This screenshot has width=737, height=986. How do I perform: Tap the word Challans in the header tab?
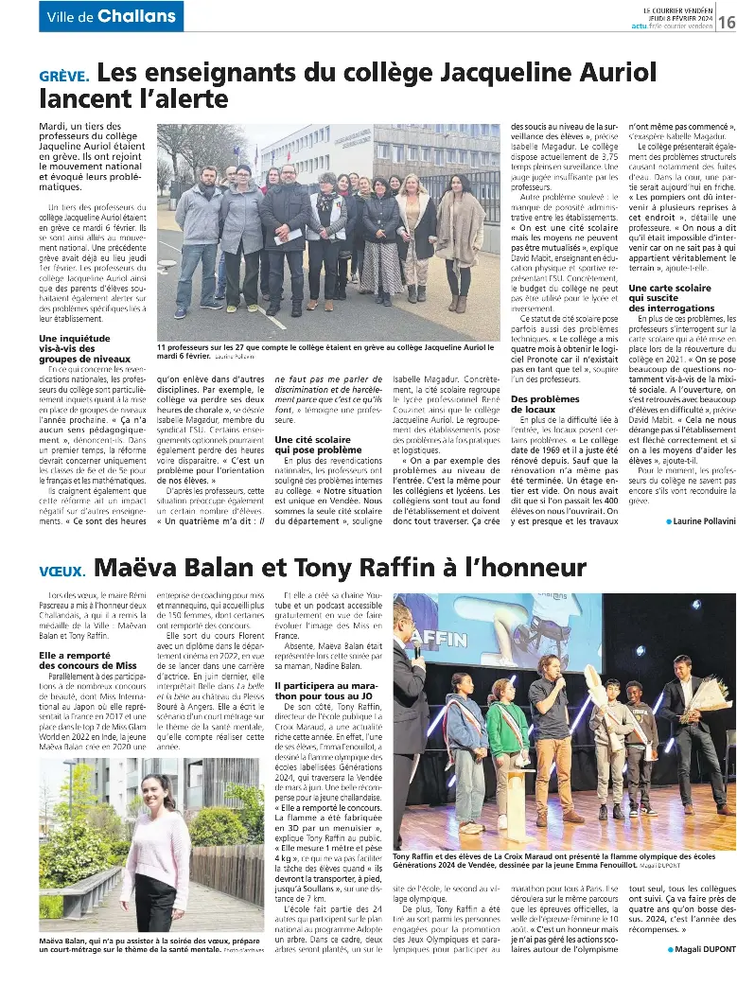(x=136, y=16)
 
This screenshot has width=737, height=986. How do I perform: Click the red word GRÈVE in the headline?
(x=64, y=76)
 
